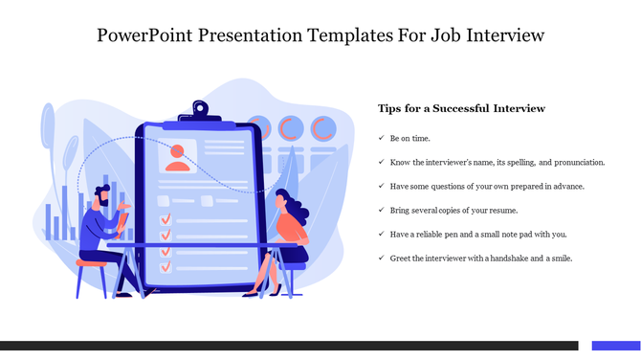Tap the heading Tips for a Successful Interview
coord(461,108)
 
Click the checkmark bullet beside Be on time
coord(381,139)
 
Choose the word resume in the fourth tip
coord(497,210)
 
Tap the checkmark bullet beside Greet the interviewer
coord(381,258)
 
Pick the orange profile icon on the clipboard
coord(177,157)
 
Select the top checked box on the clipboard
coord(165,219)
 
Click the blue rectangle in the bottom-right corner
coord(615,346)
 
